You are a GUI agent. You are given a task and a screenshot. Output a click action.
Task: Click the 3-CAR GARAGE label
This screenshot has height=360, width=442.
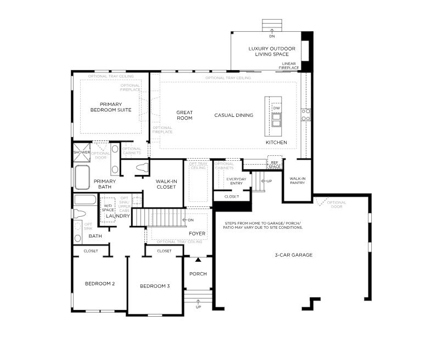pyautogui.click(x=294, y=255)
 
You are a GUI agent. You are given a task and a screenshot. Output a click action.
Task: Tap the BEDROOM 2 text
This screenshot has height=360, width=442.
pyautogui.click(x=99, y=284)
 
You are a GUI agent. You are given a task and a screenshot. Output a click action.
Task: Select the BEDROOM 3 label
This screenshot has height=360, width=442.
pyautogui.click(x=154, y=286)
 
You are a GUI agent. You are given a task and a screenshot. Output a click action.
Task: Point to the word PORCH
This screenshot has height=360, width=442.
pyautogui.click(x=198, y=274)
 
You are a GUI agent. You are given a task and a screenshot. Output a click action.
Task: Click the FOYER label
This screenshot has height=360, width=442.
pyautogui.click(x=197, y=233)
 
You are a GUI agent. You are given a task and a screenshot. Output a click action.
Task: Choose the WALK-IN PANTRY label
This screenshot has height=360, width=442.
pyautogui.click(x=297, y=181)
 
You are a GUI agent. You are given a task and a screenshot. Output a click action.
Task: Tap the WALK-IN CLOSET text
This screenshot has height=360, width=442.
pyautogui.click(x=165, y=184)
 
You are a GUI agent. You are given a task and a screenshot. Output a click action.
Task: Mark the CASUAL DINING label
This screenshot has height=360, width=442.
pyautogui.click(x=233, y=115)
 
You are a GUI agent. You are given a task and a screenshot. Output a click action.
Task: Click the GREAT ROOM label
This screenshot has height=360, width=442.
pyautogui.click(x=184, y=115)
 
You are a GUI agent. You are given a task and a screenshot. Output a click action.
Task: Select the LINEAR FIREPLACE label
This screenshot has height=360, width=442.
pyautogui.click(x=289, y=66)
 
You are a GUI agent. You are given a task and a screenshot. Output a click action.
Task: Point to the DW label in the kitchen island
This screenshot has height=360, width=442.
pyautogui.click(x=276, y=108)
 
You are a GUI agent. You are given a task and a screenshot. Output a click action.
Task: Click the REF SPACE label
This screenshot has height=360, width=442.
pyautogui.click(x=274, y=165)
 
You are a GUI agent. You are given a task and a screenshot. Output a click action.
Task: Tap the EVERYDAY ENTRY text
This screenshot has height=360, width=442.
pyautogui.click(x=236, y=181)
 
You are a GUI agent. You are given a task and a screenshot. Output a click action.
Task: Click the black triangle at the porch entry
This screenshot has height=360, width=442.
pyautogui.click(x=198, y=259)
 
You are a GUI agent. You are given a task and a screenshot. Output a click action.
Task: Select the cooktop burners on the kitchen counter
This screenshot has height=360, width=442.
pyautogui.click(x=306, y=115)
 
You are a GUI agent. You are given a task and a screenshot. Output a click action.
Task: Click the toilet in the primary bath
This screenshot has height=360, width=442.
pyautogui.click(x=142, y=167)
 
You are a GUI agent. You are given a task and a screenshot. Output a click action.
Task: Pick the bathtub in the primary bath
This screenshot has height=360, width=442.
pyautogui.click(x=82, y=176)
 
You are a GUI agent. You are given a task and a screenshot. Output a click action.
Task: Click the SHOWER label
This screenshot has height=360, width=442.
pyautogui.click(x=82, y=152)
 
